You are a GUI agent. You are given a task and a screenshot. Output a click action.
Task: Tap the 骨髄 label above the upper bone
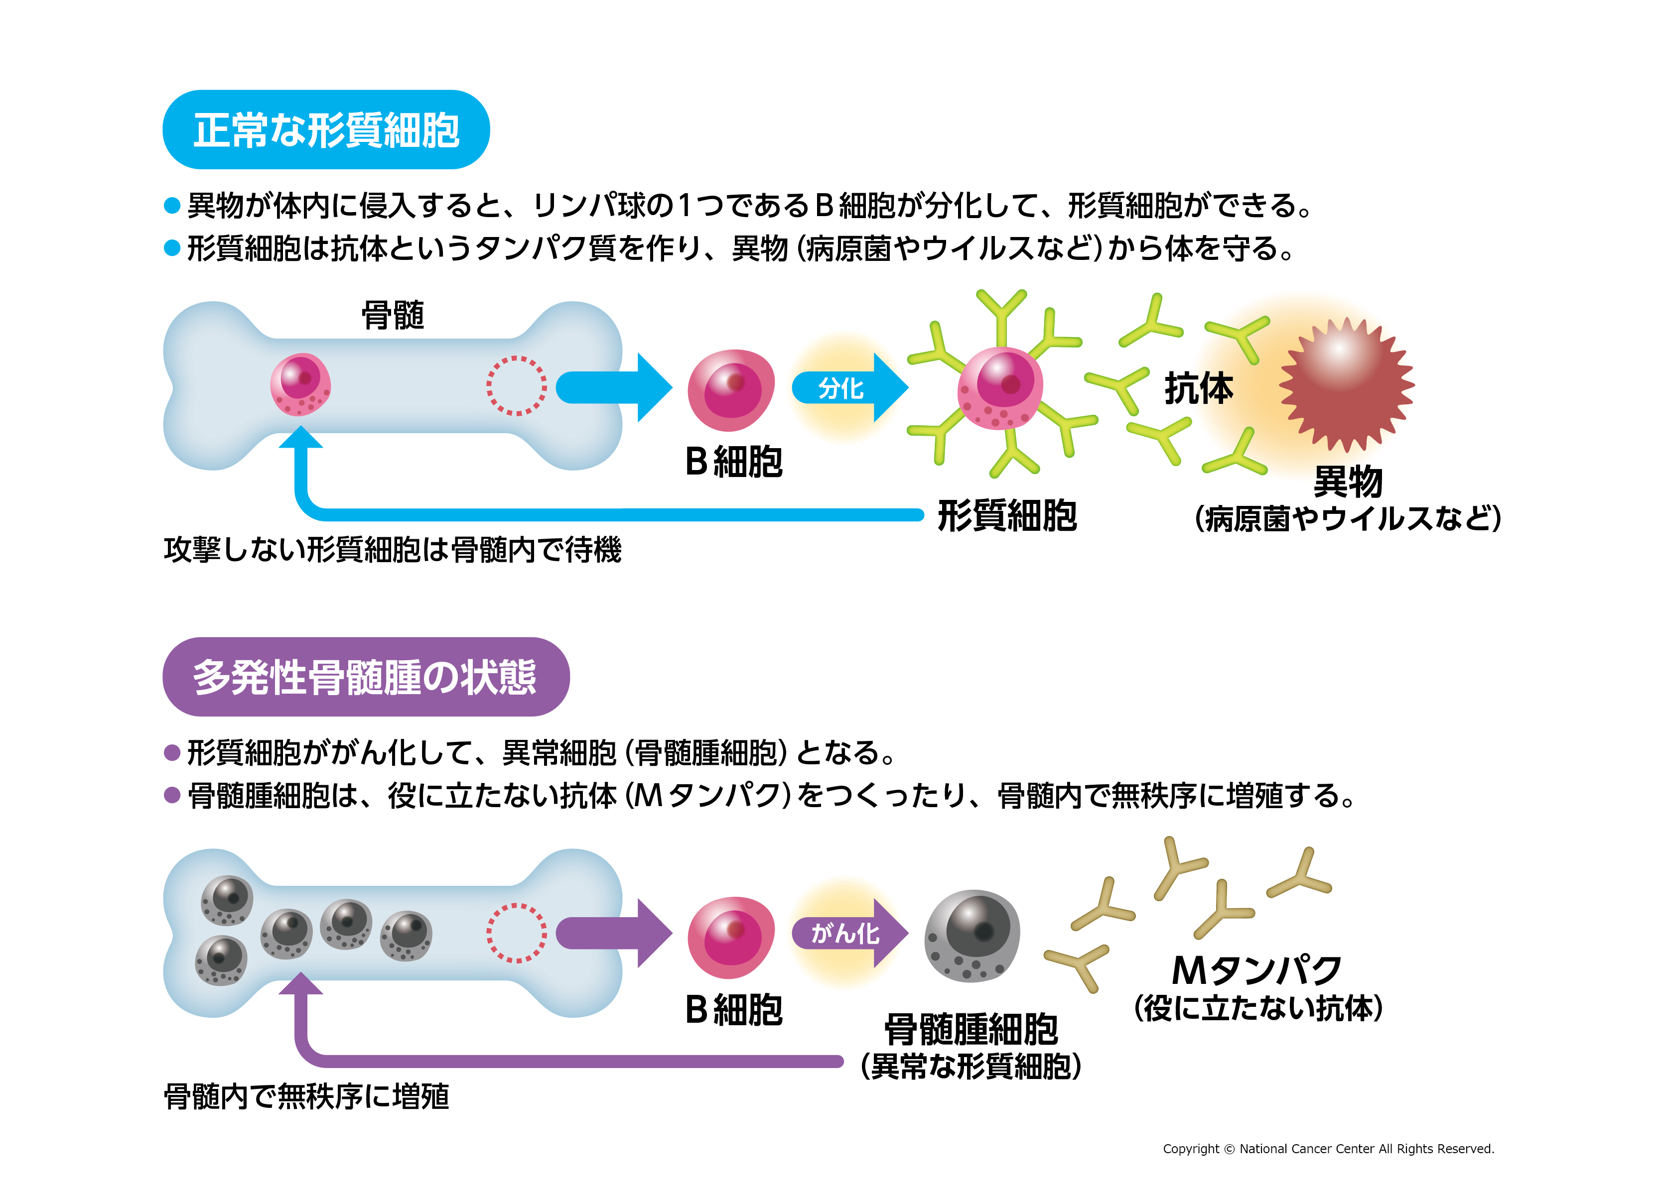(393, 315)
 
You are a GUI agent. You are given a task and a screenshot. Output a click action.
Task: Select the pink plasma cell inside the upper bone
(300, 384)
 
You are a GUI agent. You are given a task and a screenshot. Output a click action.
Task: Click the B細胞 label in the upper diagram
(733, 462)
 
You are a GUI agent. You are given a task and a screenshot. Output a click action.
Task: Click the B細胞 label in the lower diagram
(733, 1009)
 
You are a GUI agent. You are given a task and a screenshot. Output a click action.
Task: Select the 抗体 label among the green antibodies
(1199, 388)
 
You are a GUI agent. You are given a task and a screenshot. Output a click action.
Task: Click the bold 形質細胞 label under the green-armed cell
(1007, 515)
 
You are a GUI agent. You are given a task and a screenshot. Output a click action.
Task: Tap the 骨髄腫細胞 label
(971, 1029)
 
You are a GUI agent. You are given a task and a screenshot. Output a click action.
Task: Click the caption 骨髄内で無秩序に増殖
(306, 1096)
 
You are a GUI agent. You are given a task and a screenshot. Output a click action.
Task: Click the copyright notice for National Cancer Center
(1328, 1149)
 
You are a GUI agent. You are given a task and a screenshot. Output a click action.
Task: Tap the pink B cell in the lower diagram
(730, 937)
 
